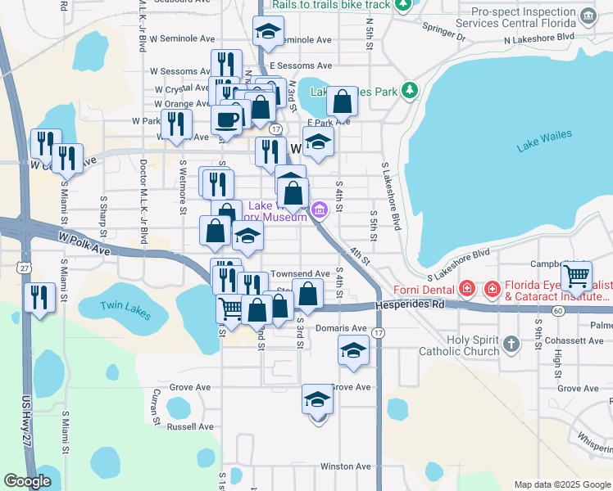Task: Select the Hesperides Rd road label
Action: (411, 304)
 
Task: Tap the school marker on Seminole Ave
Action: (266, 33)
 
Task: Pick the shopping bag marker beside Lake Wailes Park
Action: (343, 102)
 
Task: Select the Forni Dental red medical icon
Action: (466, 288)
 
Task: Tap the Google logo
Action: (27, 481)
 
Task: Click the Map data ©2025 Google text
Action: (561, 484)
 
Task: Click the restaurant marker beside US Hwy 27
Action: (39, 296)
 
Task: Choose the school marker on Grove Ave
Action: (317, 400)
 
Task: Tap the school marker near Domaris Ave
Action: (353, 351)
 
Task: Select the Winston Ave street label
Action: (347, 466)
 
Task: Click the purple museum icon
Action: (320, 210)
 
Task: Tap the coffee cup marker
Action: (226, 119)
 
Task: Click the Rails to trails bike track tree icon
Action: (402, 6)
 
